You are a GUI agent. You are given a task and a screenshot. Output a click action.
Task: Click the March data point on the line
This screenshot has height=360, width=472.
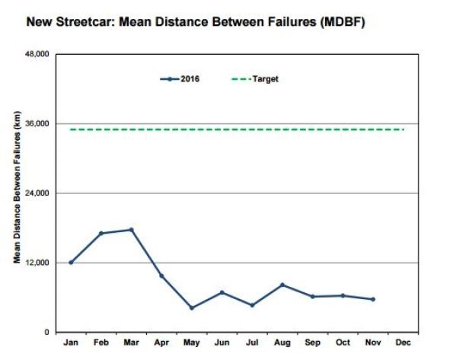pos(131,230)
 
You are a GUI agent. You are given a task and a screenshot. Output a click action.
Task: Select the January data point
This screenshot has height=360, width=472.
pos(71,263)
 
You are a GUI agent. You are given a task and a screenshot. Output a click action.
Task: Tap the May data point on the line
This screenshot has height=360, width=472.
pos(192,308)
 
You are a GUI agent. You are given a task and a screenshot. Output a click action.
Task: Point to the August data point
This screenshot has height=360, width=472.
pos(282,285)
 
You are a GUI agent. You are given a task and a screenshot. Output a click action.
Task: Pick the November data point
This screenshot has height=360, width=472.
pos(373,299)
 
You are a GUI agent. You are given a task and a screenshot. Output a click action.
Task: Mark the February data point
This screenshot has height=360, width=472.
pos(100,233)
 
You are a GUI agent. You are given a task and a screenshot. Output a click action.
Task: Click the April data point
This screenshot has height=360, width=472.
pos(161,276)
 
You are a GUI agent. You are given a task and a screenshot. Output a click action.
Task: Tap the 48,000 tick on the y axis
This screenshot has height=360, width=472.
pos(39,55)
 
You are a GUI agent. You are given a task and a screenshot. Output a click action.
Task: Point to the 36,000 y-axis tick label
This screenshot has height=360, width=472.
pos(39,124)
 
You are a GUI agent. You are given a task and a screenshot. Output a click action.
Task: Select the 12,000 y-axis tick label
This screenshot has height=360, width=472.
pos(39,263)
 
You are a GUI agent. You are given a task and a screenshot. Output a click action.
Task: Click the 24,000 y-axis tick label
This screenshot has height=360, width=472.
pos(39,193)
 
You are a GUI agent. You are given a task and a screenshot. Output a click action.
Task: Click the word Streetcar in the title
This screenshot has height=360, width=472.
pos(83,21)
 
